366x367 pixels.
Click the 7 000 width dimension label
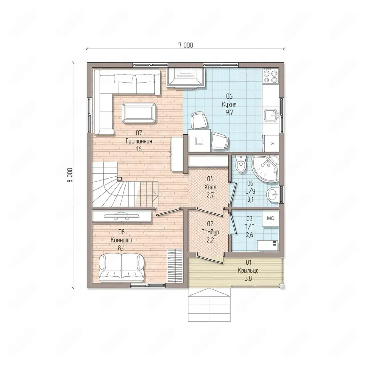coord(186,45)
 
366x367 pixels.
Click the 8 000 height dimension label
coord(70,175)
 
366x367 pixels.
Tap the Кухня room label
coord(229,105)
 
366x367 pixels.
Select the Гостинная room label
coord(139,141)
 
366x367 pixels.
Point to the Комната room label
coord(121,240)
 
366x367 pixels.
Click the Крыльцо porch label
coord(248,271)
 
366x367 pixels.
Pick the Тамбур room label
coord(210,232)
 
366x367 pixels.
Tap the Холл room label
coord(210,187)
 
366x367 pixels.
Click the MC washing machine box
coord(271,218)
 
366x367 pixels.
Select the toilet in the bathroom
coord(241,164)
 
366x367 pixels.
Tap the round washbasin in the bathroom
coord(273,194)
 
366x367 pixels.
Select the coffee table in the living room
coord(139,113)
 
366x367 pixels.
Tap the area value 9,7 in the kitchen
coord(229,113)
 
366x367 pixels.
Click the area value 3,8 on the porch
coord(248,278)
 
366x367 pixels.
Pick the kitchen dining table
coord(199,140)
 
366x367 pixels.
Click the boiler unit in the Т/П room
coord(267,246)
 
